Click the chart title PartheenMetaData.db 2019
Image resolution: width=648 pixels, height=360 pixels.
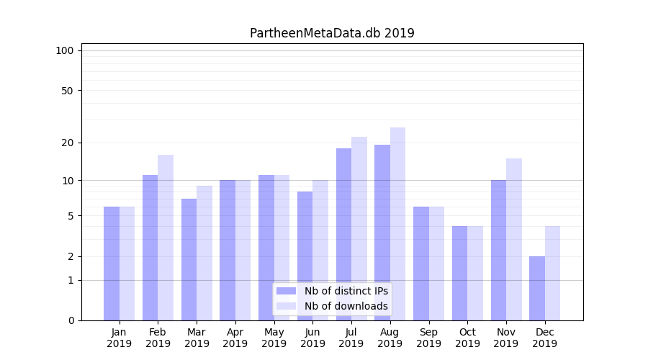[x=332, y=33]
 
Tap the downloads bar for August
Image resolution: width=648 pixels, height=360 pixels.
[x=397, y=224]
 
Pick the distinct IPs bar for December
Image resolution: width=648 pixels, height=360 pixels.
[x=537, y=288]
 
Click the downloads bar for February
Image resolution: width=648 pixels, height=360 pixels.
[x=166, y=238]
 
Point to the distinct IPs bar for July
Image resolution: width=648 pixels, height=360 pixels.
[x=343, y=234]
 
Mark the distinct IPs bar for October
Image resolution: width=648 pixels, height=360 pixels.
[x=459, y=273]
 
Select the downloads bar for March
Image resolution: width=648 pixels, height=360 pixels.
[x=204, y=253]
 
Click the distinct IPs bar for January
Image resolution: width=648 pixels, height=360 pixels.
[x=112, y=264]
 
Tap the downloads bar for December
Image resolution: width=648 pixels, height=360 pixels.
[x=552, y=273]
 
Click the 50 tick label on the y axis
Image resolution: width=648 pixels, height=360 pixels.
[x=68, y=91]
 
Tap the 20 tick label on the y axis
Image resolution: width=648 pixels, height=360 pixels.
[x=68, y=143]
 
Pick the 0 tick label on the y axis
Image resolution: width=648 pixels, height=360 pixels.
[x=71, y=320]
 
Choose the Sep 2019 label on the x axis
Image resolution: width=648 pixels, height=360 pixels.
[x=428, y=338]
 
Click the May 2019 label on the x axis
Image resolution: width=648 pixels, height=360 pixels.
[x=274, y=338]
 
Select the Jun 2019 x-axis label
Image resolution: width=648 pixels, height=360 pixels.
[x=312, y=338]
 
